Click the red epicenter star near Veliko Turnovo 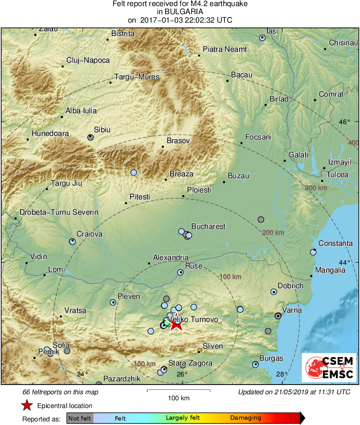(176, 324)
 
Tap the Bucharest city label (208, 226)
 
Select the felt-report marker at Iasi (262, 38)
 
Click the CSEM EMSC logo (328, 367)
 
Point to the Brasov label (178, 141)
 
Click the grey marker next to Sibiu (91, 137)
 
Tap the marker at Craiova (72, 241)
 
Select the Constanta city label (335, 243)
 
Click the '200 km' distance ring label (273, 233)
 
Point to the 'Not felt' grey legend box (80, 418)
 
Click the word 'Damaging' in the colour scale (246, 418)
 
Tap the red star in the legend (27, 406)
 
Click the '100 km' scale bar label (178, 398)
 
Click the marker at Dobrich (274, 292)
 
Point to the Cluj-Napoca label (88, 60)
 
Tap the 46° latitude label (345, 122)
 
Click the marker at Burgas (255, 364)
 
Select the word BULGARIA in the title (180, 12)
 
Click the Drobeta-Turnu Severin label (59, 212)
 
